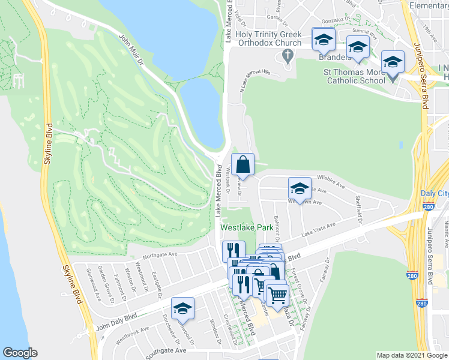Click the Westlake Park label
tap(247, 228)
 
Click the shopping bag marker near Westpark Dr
tap(243, 164)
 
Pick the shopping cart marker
tap(277, 295)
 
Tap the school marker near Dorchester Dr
tap(182, 308)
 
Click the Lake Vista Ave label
tap(318, 229)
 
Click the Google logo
tap(20, 353)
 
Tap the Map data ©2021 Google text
tap(411, 355)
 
